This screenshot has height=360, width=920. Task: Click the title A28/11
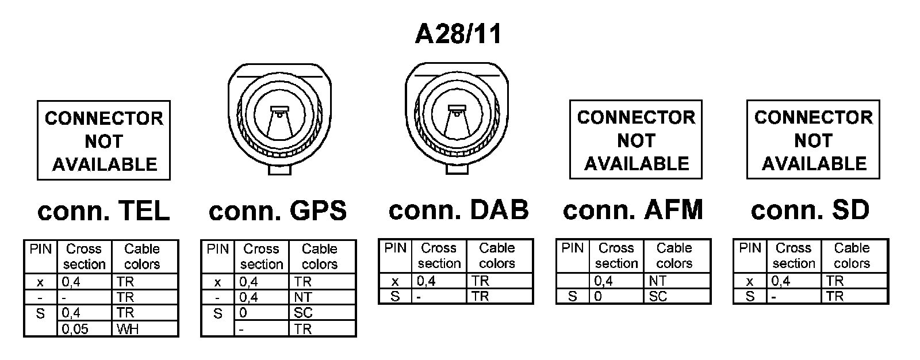pos(458,34)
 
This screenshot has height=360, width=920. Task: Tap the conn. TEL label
pos(103,211)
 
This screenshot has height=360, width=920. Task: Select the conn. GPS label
pos(278,210)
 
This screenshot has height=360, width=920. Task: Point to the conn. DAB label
pos(458,210)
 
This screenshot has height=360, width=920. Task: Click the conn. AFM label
pos(633,210)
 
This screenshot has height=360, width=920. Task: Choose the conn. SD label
pos(810,210)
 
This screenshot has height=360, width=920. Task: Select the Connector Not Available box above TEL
pos(104,141)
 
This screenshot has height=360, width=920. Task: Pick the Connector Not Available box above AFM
pos(636,140)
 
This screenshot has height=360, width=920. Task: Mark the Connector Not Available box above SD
pos(813,140)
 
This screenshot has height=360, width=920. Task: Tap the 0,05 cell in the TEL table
pos(85,329)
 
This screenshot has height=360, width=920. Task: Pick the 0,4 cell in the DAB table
pos(439,281)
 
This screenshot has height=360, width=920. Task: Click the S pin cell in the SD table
pos(750,296)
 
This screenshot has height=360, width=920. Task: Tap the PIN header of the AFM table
pos(572,248)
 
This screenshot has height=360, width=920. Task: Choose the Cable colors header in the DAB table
pos(497,255)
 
